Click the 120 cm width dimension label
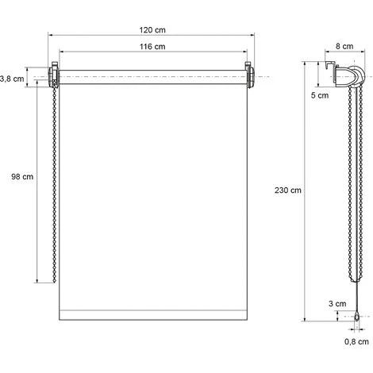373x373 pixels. point(150,29)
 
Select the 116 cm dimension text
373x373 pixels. point(150,47)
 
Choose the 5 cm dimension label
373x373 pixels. point(319,95)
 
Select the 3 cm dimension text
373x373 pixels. point(339,303)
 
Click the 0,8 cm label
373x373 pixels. point(357,342)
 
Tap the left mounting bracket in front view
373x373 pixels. point(55,77)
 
